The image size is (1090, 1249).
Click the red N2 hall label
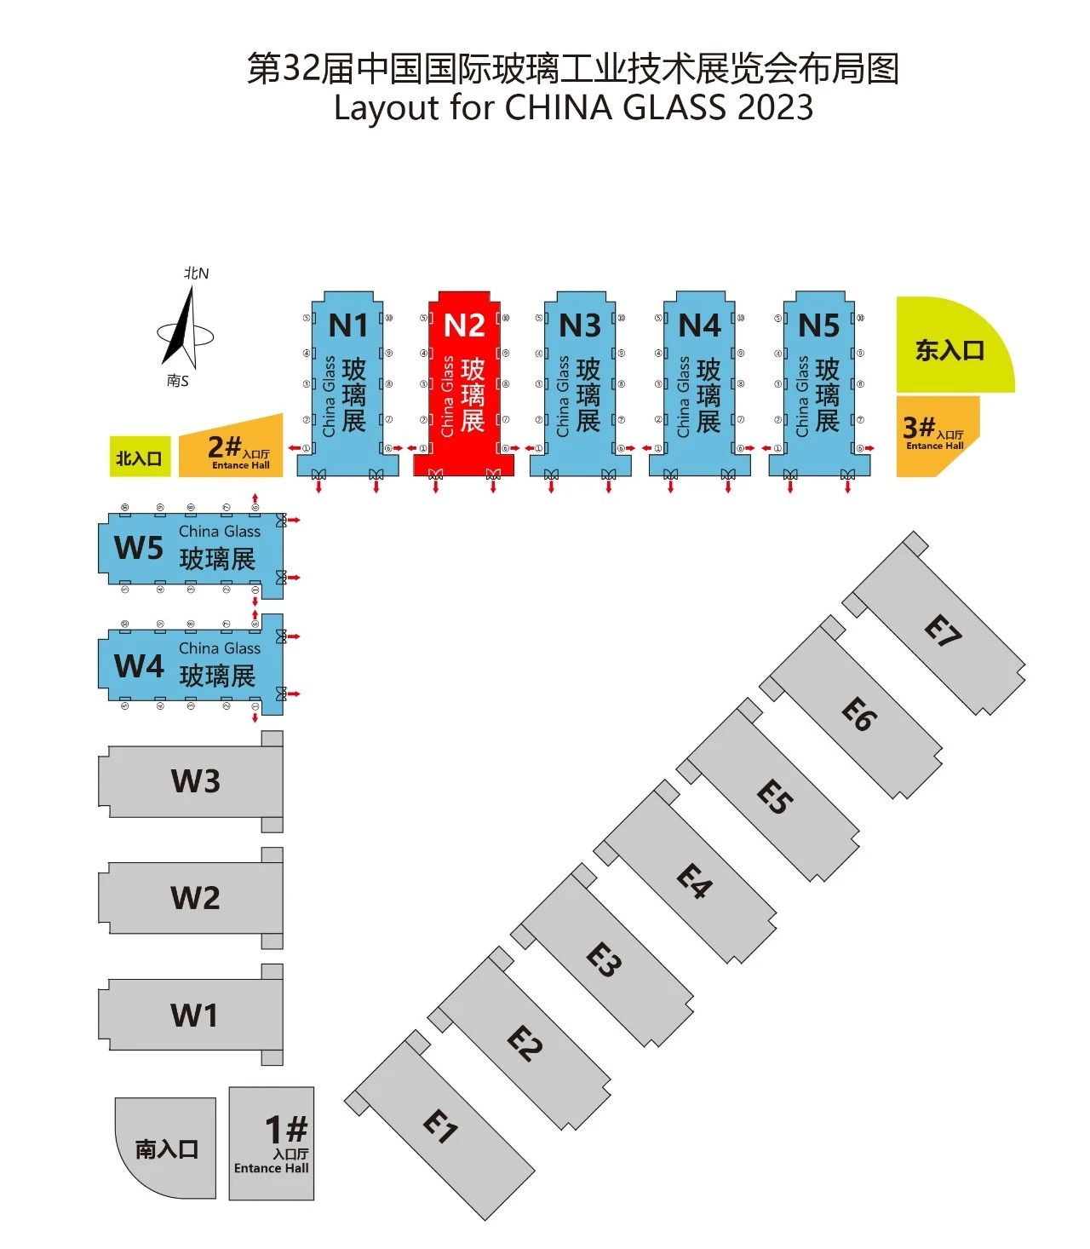click(x=464, y=325)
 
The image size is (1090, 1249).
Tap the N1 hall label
click(x=347, y=325)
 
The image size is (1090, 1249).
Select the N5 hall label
click(x=818, y=325)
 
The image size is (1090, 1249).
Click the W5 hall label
click(x=139, y=548)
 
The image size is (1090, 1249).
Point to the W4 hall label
click(x=139, y=665)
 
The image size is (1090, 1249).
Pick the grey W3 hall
click(x=195, y=780)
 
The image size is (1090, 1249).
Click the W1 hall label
click(x=194, y=1015)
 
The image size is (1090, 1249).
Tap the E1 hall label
click(x=440, y=1127)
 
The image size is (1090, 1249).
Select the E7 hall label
click(x=943, y=631)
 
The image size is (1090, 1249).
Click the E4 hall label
click(x=694, y=881)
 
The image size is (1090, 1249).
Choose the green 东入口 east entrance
click(x=949, y=349)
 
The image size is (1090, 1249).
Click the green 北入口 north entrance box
click(x=140, y=458)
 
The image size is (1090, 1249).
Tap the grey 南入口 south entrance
click(x=167, y=1149)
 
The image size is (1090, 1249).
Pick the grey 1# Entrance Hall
click(x=272, y=1144)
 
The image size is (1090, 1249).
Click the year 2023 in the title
click(x=774, y=108)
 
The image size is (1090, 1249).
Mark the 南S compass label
click(x=177, y=381)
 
